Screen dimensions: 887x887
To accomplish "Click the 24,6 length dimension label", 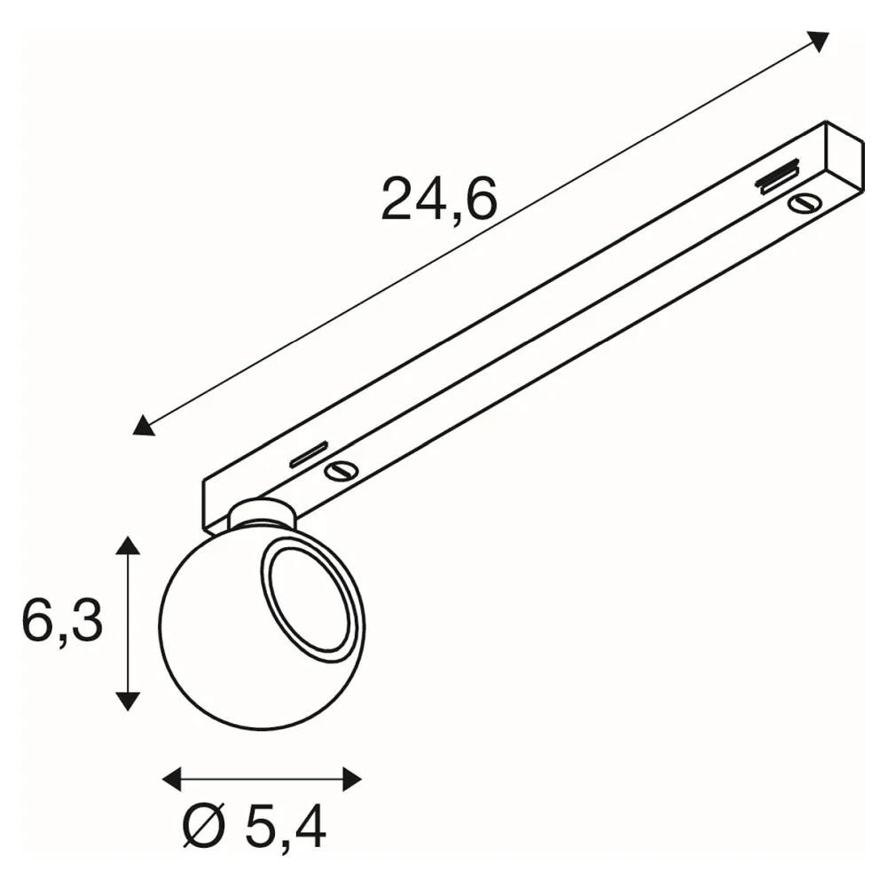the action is [x=439, y=198].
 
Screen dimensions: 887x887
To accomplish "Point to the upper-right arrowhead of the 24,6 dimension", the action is [x=819, y=41].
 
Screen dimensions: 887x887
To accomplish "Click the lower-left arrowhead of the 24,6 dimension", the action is [x=143, y=426].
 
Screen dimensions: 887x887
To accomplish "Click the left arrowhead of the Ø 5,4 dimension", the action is [x=172, y=779].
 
